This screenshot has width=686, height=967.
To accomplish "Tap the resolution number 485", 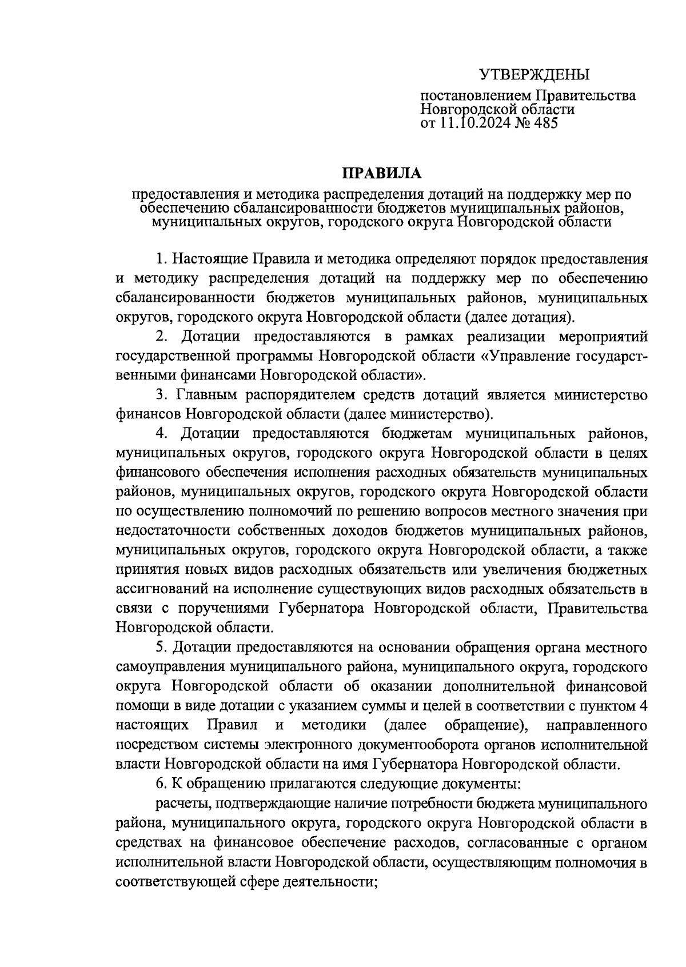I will pos(544,122).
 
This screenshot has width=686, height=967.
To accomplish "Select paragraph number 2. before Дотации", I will pos(165,337).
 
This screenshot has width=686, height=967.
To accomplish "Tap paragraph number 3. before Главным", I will pos(161,395).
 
